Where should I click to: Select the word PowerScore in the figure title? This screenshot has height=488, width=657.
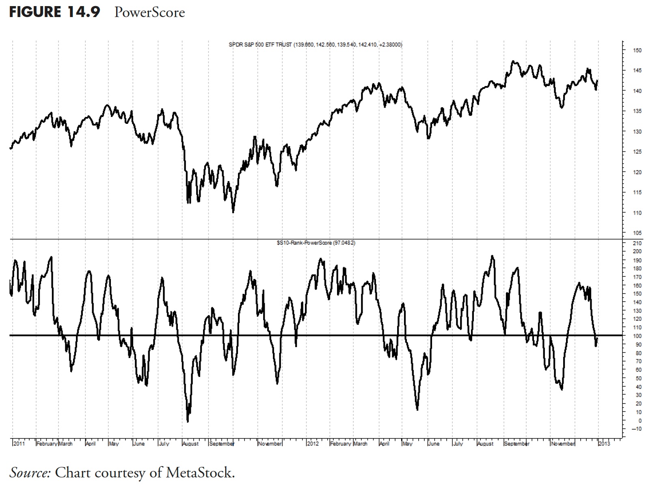(149, 12)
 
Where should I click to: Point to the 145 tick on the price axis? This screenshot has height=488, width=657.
(637, 71)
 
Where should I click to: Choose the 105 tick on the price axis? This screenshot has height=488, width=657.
(637, 233)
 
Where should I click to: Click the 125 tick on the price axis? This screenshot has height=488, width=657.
(637, 152)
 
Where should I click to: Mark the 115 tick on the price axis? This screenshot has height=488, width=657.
(637, 192)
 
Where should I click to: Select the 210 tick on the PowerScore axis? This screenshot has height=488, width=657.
(637, 243)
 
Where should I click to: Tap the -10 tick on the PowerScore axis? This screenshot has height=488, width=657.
(636, 429)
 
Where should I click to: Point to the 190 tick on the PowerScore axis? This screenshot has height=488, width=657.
(637, 260)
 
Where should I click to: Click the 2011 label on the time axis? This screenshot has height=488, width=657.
(19, 444)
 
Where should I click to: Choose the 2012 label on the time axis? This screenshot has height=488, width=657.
(313, 444)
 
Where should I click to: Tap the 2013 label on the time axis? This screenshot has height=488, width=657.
(604, 444)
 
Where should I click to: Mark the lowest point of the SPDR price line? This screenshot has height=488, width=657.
(233, 212)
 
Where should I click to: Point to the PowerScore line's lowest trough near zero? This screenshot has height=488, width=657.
(188, 422)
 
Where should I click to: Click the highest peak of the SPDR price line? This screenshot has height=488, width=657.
(513, 61)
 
